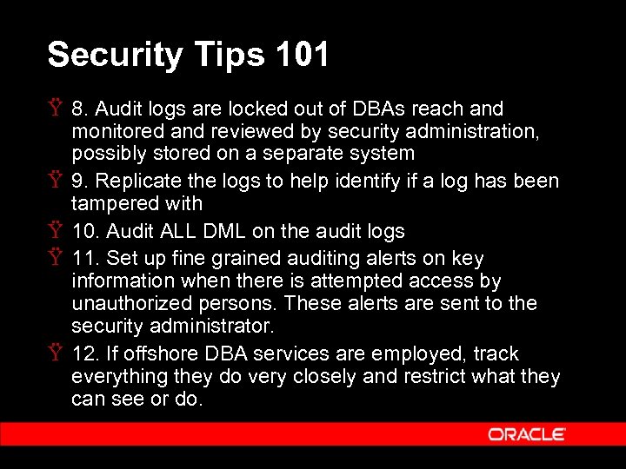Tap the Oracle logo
tap(527, 433)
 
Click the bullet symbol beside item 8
tap(55, 109)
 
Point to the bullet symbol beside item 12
tap(55, 353)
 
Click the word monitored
tap(113, 131)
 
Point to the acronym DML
tap(226, 231)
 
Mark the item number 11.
tap(85, 258)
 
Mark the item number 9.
tap(82, 181)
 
